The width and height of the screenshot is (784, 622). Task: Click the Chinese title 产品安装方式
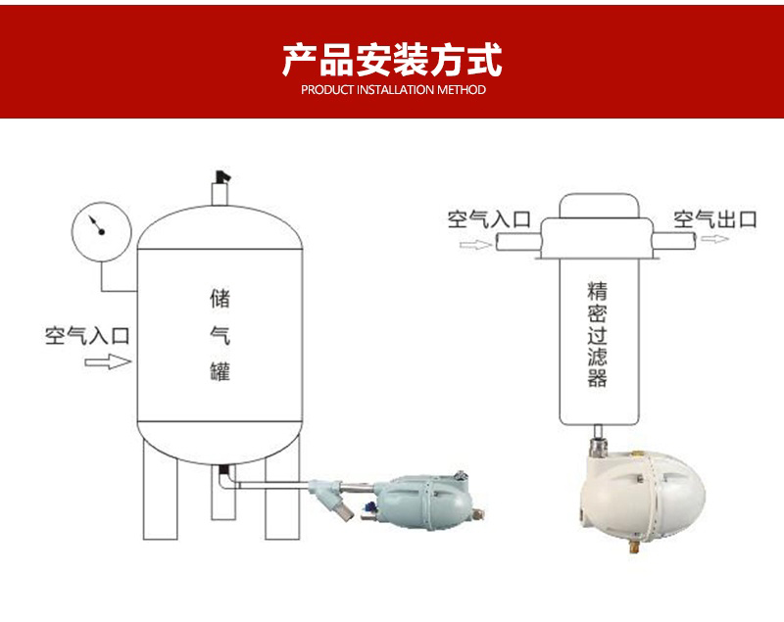tap(393, 60)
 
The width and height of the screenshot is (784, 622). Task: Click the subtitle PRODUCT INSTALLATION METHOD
tap(393, 90)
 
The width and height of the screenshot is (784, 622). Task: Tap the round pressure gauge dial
tap(102, 231)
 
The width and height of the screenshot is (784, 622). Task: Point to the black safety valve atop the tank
tap(222, 177)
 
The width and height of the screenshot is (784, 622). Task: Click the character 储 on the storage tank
tap(220, 298)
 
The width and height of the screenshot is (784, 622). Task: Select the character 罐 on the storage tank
tap(220, 371)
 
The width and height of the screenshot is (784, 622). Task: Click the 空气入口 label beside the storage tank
tap(87, 336)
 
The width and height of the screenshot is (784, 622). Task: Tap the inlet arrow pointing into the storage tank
tap(108, 361)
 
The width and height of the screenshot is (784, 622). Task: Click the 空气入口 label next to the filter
tap(489, 219)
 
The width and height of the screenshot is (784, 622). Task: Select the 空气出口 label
tap(715, 219)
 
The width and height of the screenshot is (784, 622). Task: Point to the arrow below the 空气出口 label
tap(715, 239)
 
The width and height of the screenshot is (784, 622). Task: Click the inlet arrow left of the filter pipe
tap(475, 245)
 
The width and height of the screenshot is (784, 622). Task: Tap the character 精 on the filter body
tap(597, 291)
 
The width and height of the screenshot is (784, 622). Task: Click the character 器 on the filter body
tap(597, 378)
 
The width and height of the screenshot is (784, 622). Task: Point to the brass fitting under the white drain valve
tap(634, 549)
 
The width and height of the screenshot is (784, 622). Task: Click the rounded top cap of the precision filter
tap(599, 206)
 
